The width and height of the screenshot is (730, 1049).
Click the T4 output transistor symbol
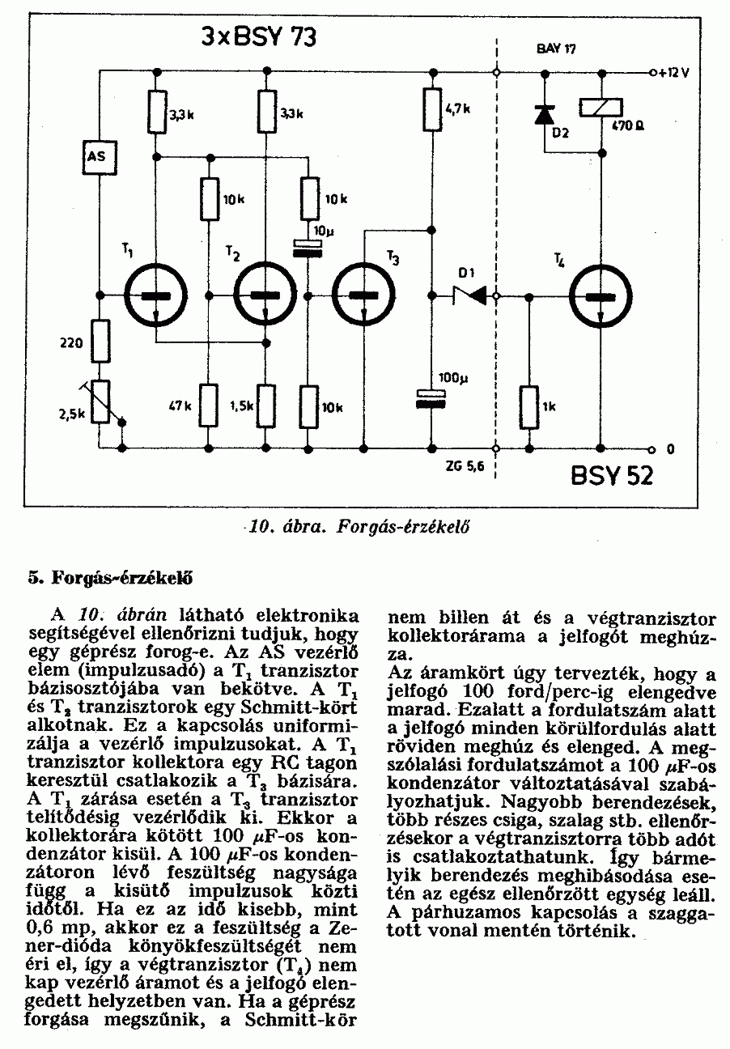[600, 296]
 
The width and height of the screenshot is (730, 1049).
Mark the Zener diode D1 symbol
[469, 296]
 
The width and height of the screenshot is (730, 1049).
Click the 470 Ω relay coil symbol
[600, 107]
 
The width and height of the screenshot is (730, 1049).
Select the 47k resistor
[209, 405]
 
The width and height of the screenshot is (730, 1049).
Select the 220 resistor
[100, 340]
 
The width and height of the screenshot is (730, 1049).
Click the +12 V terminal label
[673, 72]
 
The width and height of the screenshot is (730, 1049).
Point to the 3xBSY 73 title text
[259, 38]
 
